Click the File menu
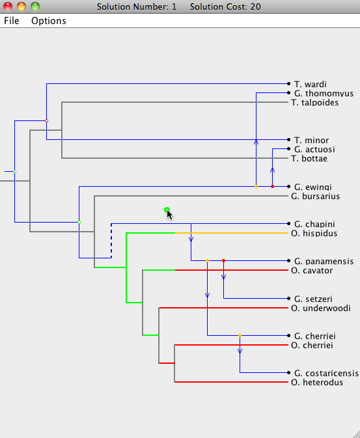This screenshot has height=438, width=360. [12, 21]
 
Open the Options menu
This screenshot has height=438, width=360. [49, 21]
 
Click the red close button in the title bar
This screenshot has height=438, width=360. [8, 6]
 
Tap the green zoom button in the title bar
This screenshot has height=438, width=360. [35, 6]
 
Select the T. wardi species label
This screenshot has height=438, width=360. [311, 84]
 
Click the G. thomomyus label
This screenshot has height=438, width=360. [324, 93]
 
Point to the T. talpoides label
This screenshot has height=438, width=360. [314, 103]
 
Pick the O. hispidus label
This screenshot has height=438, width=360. [314, 233]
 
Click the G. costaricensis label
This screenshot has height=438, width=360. [326, 373]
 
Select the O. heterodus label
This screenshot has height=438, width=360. [317, 382]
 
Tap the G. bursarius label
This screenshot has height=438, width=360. [315, 196]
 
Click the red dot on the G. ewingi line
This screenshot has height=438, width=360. [273, 186]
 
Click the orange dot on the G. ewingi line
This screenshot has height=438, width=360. [256, 186]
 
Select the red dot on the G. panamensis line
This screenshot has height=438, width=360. [223, 260]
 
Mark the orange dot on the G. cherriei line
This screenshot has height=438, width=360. [240, 335]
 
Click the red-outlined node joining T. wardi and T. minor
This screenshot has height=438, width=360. [47, 120]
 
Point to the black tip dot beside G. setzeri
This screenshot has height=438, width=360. [289, 298]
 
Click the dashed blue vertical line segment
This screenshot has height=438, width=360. [111, 241]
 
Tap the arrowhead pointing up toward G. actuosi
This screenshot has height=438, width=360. [273, 170]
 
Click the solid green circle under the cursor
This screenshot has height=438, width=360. [167, 210]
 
